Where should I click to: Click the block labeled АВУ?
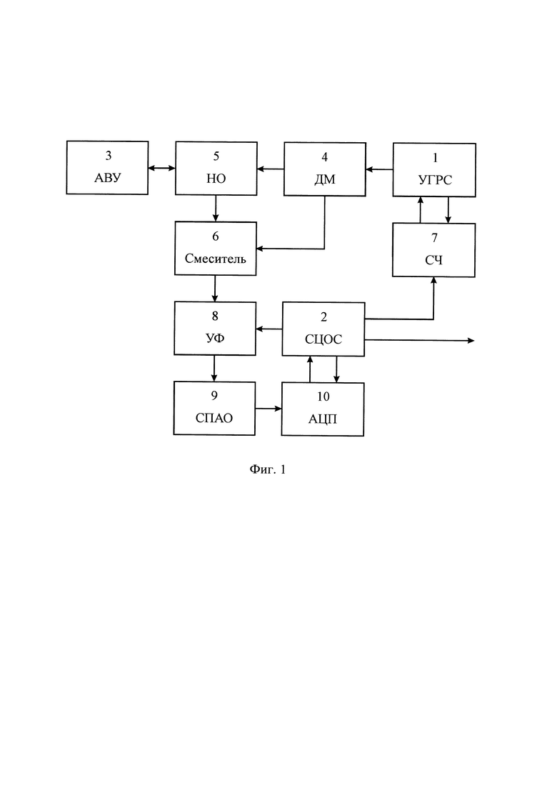(x=107, y=168)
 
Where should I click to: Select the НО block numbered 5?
(x=216, y=169)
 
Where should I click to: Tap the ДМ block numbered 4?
(x=325, y=169)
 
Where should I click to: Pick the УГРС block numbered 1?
(x=434, y=170)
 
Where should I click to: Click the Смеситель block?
(x=216, y=249)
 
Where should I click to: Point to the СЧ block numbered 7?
(x=433, y=250)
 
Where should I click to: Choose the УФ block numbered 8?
(x=215, y=328)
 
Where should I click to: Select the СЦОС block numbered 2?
(x=323, y=329)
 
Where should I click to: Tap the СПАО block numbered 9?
(x=214, y=408)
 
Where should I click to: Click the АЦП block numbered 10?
(x=323, y=409)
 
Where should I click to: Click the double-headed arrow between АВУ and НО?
(x=161, y=169)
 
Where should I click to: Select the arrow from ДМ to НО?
(x=271, y=169)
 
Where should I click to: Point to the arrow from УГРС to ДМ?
(x=379, y=170)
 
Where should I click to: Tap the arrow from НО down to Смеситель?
(x=216, y=209)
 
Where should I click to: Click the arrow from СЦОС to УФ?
(x=269, y=329)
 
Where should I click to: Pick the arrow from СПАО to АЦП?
(x=269, y=409)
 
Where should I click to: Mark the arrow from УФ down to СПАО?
(x=214, y=369)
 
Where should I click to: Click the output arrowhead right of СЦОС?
(x=471, y=341)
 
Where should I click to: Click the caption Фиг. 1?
(x=268, y=469)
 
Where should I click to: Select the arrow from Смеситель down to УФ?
(x=215, y=289)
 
